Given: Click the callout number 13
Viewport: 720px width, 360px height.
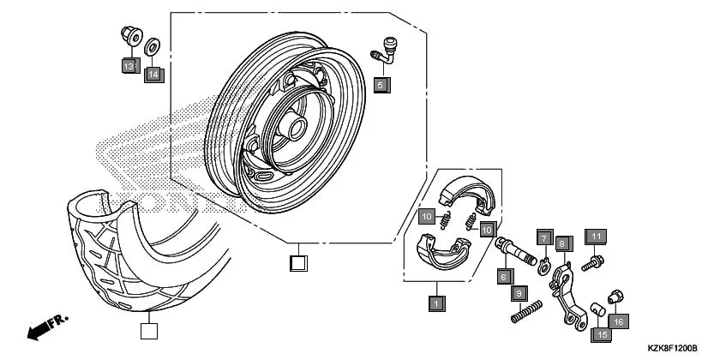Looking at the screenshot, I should (129, 66).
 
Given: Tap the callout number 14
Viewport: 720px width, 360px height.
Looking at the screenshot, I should (153, 75).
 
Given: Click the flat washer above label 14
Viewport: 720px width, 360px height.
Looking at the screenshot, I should (153, 45).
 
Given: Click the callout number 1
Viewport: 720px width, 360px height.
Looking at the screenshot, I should (436, 303).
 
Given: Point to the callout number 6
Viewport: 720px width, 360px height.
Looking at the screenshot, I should (504, 276).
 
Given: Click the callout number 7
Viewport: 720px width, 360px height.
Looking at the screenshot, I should (543, 237).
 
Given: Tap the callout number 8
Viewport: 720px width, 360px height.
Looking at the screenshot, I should (563, 243).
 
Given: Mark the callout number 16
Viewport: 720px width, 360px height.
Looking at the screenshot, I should (620, 321).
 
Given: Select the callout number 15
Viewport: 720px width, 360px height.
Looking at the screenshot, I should (602, 334).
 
